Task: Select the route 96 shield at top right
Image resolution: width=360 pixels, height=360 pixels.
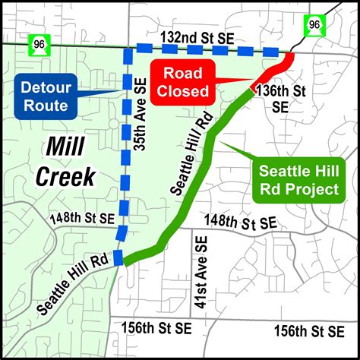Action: [314, 26]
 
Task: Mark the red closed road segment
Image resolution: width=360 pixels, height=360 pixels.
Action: [273, 73]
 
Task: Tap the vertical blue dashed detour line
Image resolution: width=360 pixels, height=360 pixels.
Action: [125, 152]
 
